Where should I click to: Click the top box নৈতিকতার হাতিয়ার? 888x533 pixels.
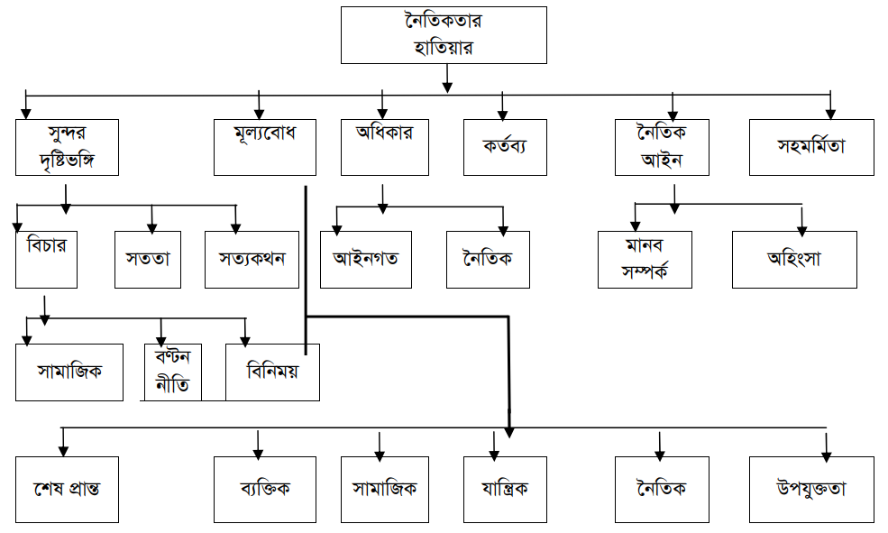point(444,35)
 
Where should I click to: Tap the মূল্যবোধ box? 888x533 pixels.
point(264,146)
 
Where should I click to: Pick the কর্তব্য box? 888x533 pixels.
point(505,146)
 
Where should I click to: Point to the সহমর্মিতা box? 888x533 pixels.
point(811,146)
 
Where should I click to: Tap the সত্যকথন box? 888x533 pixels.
point(252,259)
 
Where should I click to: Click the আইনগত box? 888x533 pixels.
point(366,259)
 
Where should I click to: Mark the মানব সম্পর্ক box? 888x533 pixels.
point(645,259)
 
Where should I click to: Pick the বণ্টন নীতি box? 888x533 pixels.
point(172,372)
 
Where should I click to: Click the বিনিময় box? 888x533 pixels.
point(271,372)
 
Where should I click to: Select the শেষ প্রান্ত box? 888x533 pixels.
point(68,489)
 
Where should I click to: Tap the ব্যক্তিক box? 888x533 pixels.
point(264,489)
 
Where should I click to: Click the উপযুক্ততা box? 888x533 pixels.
point(811,489)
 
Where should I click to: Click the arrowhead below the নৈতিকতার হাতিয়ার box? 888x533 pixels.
point(447,87)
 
